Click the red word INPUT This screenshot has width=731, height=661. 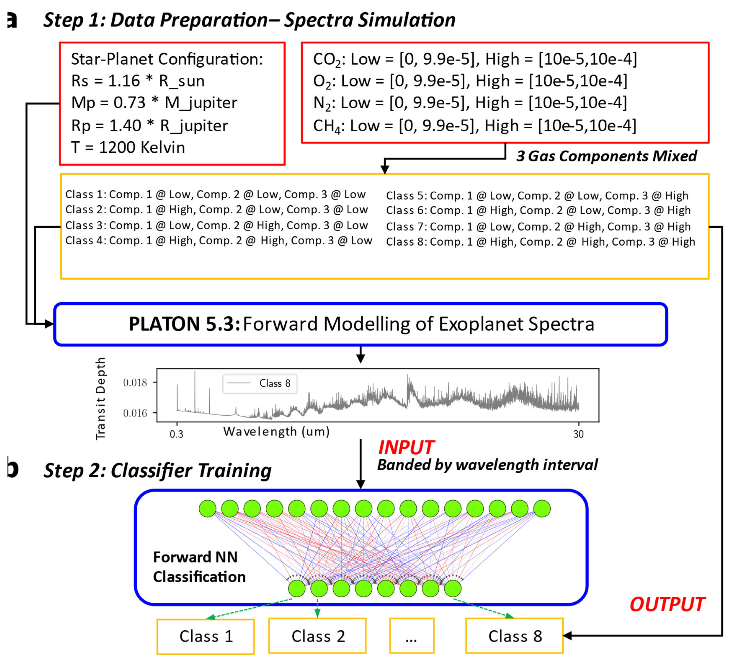pos(406,447)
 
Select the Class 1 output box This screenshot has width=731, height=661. pos(206,636)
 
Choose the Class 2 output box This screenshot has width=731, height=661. pos(317,636)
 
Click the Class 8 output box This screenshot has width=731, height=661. pos(514,636)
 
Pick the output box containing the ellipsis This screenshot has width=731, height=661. pos(411,636)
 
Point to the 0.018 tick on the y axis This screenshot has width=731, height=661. pos(135,383)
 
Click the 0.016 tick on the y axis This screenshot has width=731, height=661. pos(135,413)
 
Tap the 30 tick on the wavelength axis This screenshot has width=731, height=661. pos(578,434)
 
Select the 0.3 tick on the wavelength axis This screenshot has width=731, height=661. pos(177,434)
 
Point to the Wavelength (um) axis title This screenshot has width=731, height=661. pos(276,432)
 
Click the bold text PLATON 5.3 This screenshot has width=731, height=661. pos(184,324)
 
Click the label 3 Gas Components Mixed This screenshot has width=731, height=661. pos(606,156)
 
